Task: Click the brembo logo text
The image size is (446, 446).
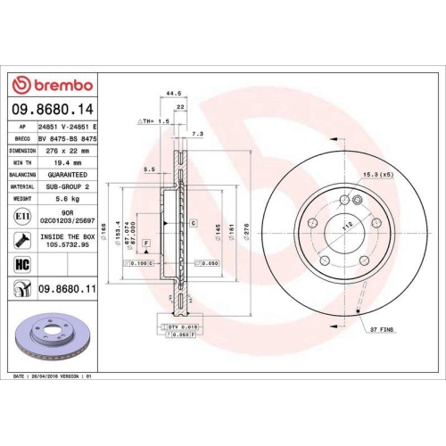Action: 56,85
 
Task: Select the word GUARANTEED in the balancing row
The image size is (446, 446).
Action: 70,175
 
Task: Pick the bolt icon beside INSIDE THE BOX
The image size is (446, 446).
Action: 20,239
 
